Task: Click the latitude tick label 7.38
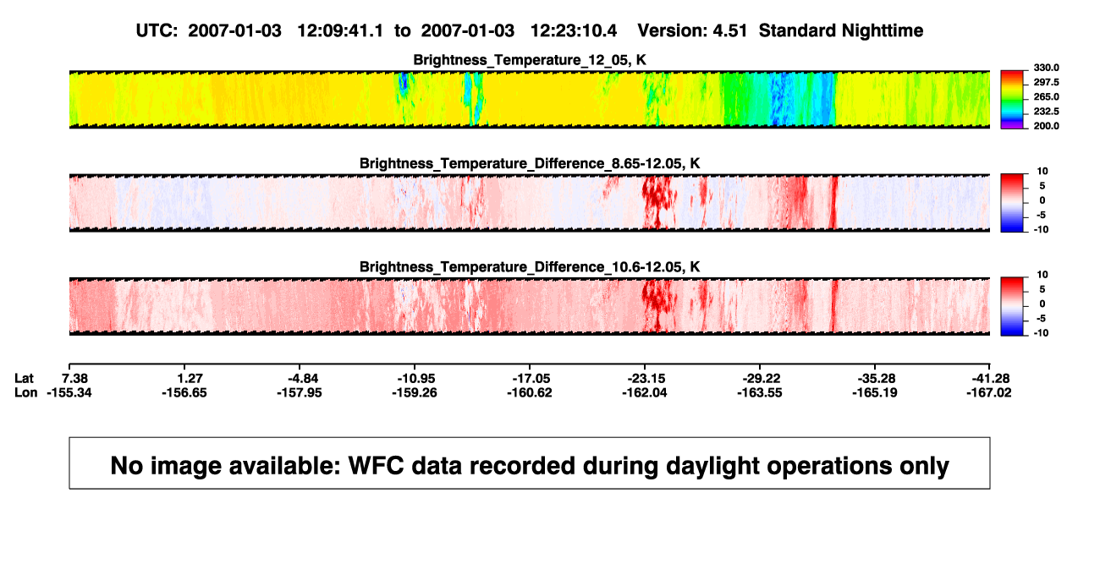(x=74, y=379)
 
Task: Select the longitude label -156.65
(x=184, y=392)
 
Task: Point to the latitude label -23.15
(x=646, y=379)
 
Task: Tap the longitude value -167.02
(x=989, y=392)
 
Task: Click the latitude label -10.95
(x=416, y=379)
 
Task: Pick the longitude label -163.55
(x=760, y=392)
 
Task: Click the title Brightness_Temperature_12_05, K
(x=530, y=60)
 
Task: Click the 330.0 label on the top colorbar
(x=1046, y=68)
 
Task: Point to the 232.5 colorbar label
(x=1046, y=112)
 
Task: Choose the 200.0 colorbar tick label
(x=1046, y=126)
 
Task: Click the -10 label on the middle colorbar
(x=1042, y=230)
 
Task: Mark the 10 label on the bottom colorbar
(x=1042, y=275)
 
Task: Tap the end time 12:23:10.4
(x=574, y=31)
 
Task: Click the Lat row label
(x=24, y=379)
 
